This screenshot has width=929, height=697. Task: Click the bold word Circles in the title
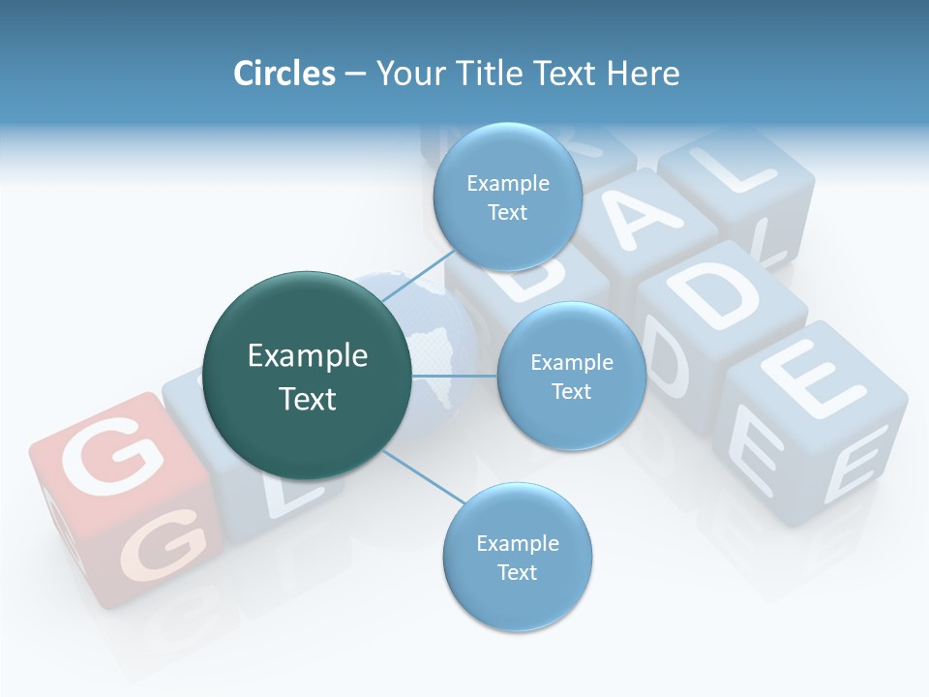pos(284,74)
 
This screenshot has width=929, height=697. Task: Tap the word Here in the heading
pos(643,74)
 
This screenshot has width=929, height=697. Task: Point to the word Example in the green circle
pos(308,356)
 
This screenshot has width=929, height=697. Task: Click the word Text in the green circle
pos(308,399)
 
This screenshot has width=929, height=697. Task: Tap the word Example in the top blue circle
pos(507,184)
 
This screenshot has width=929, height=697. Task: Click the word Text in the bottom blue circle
pos(517,572)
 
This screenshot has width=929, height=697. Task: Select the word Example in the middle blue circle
pos(571,363)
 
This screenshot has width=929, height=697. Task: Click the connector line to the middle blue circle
pos(455,376)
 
